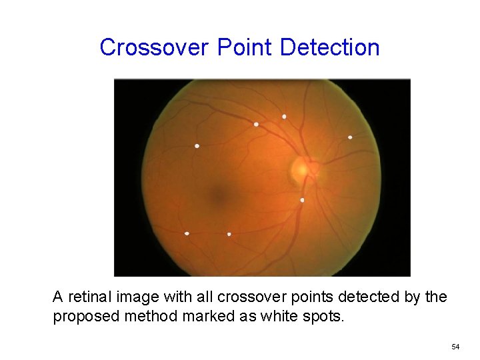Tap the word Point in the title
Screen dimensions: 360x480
(x=245, y=47)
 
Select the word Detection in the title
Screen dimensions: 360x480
(x=330, y=47)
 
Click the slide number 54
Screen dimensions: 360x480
(x=455, y=347)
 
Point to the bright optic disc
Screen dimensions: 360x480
(x=302, y=169)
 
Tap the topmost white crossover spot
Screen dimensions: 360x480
(x=284, y=117)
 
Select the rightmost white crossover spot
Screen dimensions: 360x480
(x=350, y=137)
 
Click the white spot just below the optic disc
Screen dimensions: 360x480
(x=302, y=200)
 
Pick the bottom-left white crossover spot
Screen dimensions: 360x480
(x=187, y=233)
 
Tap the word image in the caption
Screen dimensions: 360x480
(x=133, y=297)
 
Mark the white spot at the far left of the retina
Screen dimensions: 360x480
(x=197, y=146)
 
